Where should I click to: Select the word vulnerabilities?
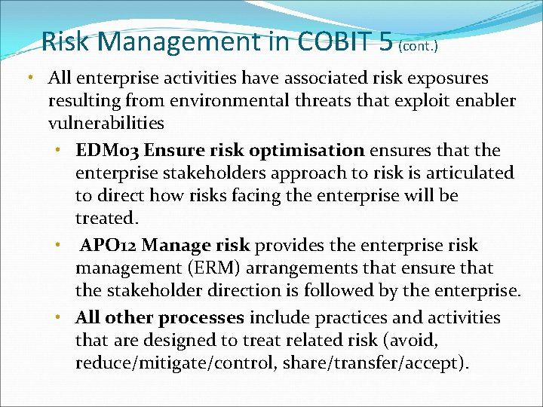point(106,123)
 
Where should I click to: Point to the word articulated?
point(467,173)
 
